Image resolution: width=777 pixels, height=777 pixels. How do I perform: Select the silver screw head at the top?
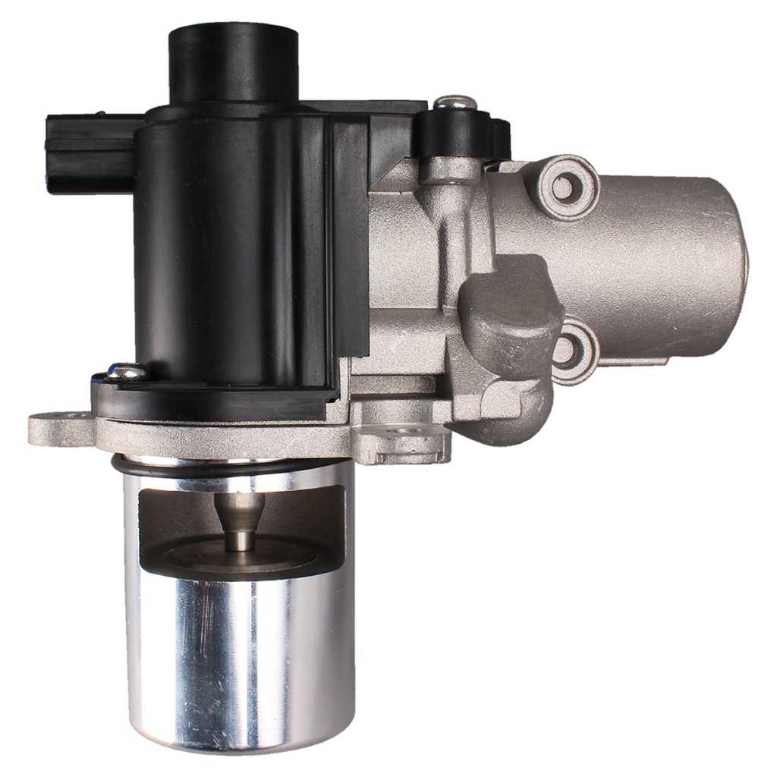coord(455,102)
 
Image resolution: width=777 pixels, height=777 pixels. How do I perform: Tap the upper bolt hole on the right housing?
coord(564,184)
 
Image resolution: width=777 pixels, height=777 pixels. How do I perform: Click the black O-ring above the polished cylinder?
coord(228,465)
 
